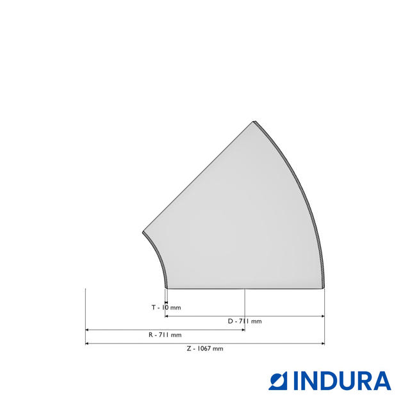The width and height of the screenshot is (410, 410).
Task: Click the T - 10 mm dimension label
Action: pos(167,307)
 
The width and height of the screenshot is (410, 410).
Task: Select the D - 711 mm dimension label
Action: pos(245,321)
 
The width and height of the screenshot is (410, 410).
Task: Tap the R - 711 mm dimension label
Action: pos(165,335)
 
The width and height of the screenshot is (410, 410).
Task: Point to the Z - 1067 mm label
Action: pos(205,348)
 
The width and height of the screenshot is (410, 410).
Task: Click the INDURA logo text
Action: pos(343,381)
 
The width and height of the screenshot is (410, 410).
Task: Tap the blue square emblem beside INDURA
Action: pos(278,381)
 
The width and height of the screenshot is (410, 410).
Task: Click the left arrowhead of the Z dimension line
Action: pos(87,343)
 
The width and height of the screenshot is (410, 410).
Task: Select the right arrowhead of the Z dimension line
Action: pos(323,343)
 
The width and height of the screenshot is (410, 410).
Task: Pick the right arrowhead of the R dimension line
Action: pos(243,330)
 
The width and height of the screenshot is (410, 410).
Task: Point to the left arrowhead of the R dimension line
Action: pos(87,330)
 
